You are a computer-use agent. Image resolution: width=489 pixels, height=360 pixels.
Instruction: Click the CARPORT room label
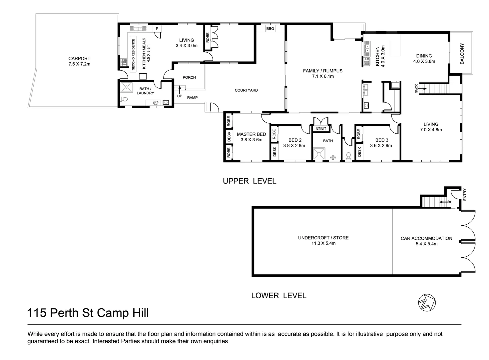coord(79,58)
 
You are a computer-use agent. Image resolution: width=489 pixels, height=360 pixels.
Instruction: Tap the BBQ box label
coord(270,29)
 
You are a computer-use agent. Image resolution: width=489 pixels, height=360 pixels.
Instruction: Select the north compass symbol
coord(427,303)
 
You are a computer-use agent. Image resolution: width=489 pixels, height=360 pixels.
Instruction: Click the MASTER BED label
coord(251,134)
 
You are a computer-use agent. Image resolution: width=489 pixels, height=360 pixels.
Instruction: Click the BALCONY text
coord(462,53)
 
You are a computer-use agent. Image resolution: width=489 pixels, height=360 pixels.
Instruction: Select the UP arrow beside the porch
coord(180,89)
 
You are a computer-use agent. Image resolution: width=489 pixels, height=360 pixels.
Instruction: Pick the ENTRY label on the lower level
coord(464,195)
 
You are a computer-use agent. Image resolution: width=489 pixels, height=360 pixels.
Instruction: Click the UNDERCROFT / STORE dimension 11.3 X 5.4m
coord(323,243)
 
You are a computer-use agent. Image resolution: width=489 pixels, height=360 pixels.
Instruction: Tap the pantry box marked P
coord(157,29)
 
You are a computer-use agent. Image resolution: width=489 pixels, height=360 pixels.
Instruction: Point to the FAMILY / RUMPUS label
coord(322,71)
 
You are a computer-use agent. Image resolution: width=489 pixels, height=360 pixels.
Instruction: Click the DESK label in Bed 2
coord(274,151)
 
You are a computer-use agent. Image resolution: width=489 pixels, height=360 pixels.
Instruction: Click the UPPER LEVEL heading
coord(249,181)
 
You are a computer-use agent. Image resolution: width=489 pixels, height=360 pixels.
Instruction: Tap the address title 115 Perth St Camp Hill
coord(88,313)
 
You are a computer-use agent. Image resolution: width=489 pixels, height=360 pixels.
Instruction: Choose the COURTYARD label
coord(246,90)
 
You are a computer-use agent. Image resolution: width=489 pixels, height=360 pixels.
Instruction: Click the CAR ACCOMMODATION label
coord(426,238)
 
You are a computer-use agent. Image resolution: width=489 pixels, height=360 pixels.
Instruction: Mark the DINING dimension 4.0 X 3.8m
coord(424,61)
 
